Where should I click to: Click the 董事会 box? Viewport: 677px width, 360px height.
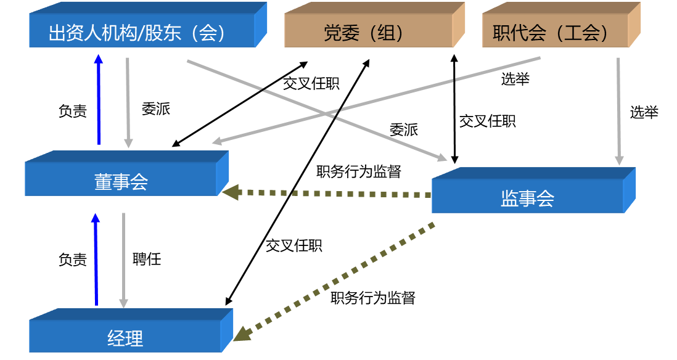121,181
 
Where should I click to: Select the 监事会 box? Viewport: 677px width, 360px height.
528,198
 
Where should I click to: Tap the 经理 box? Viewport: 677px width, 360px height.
125,337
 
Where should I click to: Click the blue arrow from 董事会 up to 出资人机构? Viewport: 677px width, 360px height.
98,102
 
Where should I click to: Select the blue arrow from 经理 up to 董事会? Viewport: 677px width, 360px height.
96,259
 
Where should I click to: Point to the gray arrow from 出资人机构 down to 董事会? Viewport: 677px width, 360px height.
128,102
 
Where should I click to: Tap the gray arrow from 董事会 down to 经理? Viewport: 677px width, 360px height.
123,259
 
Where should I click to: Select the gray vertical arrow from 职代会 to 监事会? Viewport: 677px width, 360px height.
618,111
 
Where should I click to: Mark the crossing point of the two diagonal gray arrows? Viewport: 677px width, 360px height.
330,113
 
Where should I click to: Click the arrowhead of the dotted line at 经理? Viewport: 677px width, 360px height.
241,333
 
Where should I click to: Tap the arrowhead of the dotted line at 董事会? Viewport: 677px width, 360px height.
230,193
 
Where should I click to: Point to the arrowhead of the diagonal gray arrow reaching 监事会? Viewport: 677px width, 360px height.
441,158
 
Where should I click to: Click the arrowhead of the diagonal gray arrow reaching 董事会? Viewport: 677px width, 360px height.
216,142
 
